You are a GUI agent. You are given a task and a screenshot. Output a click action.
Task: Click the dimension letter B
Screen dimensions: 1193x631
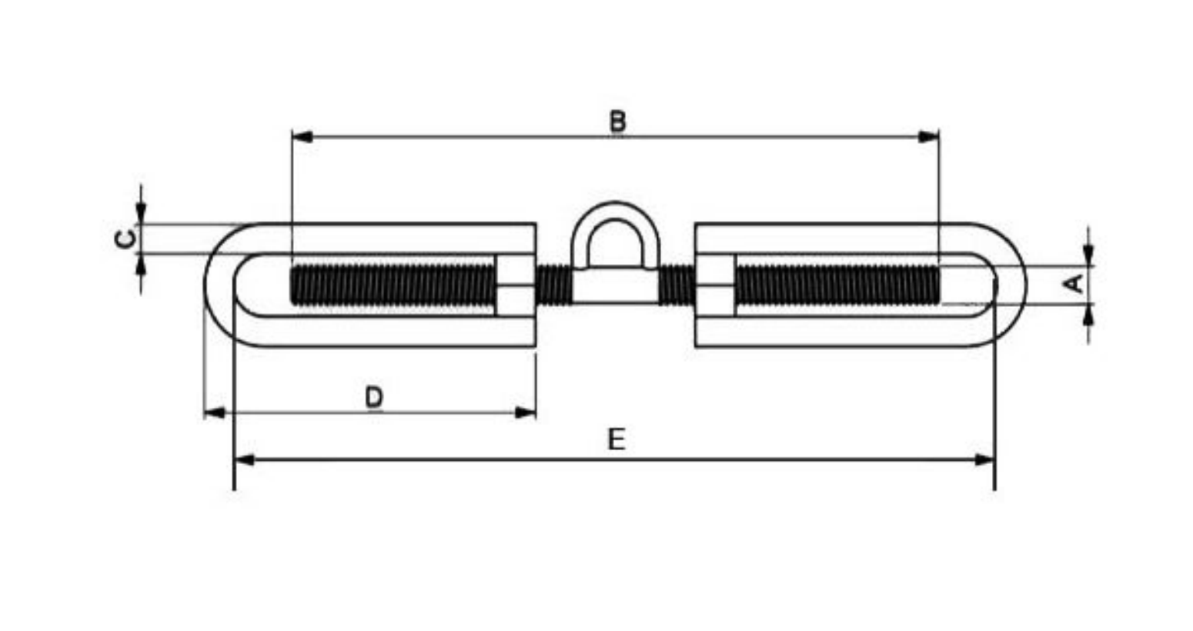(x=617, y=121)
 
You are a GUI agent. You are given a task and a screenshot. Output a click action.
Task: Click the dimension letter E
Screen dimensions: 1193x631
(x=617, y=440)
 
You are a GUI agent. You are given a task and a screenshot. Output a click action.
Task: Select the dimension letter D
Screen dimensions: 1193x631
(x=374, y=397)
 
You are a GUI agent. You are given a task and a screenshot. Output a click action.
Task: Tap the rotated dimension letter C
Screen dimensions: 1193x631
(x=125, y=239)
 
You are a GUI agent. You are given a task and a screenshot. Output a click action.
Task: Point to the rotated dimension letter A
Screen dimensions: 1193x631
(x=1073, y=284)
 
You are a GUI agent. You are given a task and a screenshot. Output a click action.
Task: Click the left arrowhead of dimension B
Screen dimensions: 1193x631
(x=302, y=137)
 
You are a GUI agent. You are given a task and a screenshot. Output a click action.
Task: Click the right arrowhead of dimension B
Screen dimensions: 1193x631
(x=929, y=137)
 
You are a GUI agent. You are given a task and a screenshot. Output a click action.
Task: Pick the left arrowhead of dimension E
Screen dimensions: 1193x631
(x=244, y=459)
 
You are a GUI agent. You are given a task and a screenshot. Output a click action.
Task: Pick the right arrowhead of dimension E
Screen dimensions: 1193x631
(x=984, y=459)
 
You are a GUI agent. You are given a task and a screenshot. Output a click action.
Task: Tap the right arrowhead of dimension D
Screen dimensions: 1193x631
(x=526, y=412)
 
